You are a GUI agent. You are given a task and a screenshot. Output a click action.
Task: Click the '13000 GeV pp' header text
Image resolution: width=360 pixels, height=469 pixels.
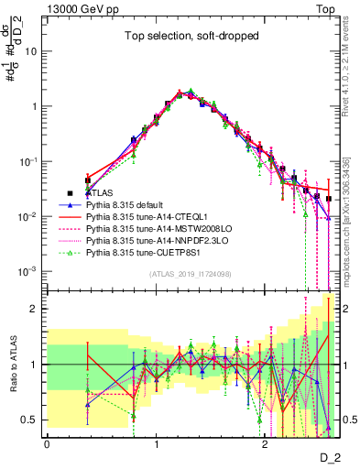click(x=80, y=7)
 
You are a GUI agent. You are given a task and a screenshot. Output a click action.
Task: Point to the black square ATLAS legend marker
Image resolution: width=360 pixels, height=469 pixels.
click(x=69, y=193)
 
